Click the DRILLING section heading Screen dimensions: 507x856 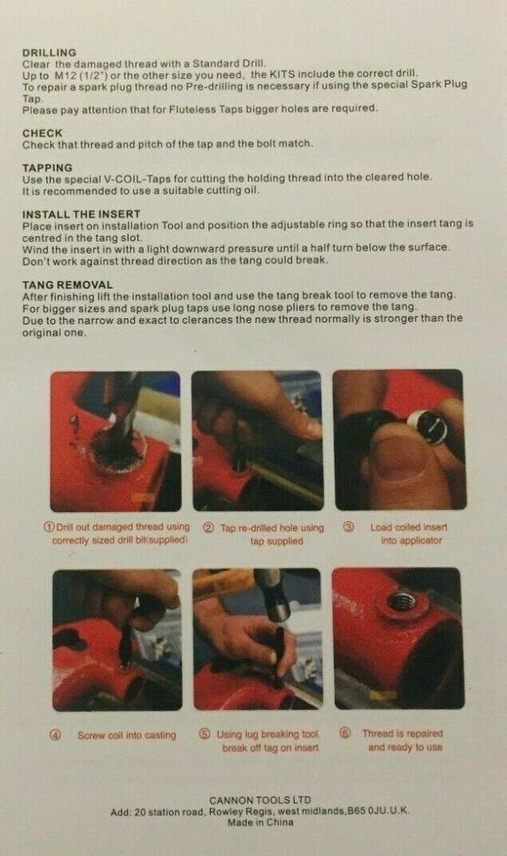coord(50,53)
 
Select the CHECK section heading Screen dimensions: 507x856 coord(42,133)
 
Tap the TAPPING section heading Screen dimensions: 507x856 coord(47,168)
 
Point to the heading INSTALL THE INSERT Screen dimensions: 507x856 coord(81,214)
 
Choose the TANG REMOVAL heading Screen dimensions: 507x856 coord(67,285)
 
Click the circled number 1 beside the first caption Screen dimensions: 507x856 coord(50,527)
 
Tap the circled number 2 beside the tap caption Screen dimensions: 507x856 coord(208,528)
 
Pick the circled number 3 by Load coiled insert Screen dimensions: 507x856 coord(349,527)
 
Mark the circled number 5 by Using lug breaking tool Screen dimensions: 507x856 coord(204,734)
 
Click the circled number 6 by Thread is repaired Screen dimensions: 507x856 coord(345,733)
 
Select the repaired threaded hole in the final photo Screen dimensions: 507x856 coord(402,602)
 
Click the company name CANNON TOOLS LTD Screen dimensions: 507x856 coord(260,800)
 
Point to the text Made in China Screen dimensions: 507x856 coord(260,822)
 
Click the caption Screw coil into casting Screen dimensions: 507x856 coord(127,736)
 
